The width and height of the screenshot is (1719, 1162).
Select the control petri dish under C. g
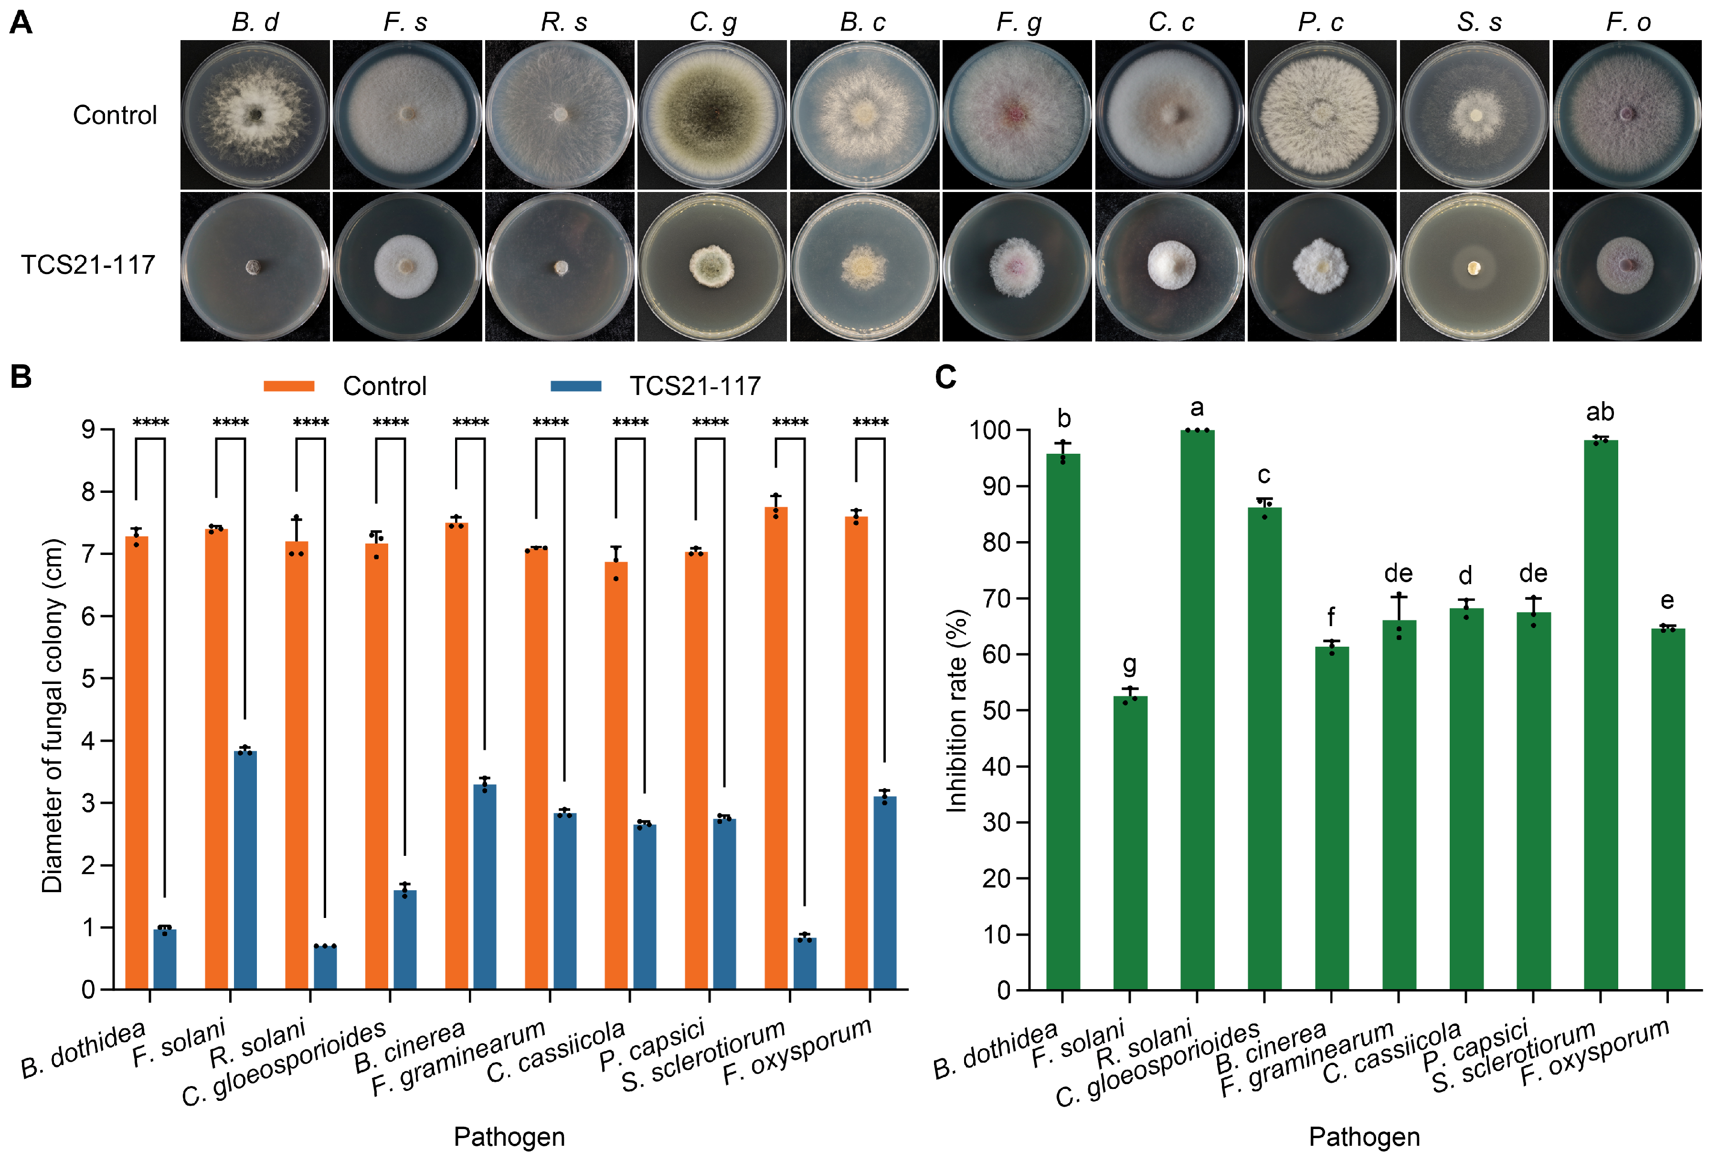[x=711, y=115]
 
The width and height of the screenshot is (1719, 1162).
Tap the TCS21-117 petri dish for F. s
[x=406, y=267]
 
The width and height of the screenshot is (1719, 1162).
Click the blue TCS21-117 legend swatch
[x=575, y=385]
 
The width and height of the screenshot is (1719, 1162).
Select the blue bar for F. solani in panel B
[x=245, y=869]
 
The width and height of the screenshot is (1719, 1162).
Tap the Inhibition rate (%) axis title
[x=956, y=710]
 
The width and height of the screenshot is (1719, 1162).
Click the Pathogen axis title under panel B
[x=509, y=1136]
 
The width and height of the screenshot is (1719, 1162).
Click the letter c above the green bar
[x=1264, y=475]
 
